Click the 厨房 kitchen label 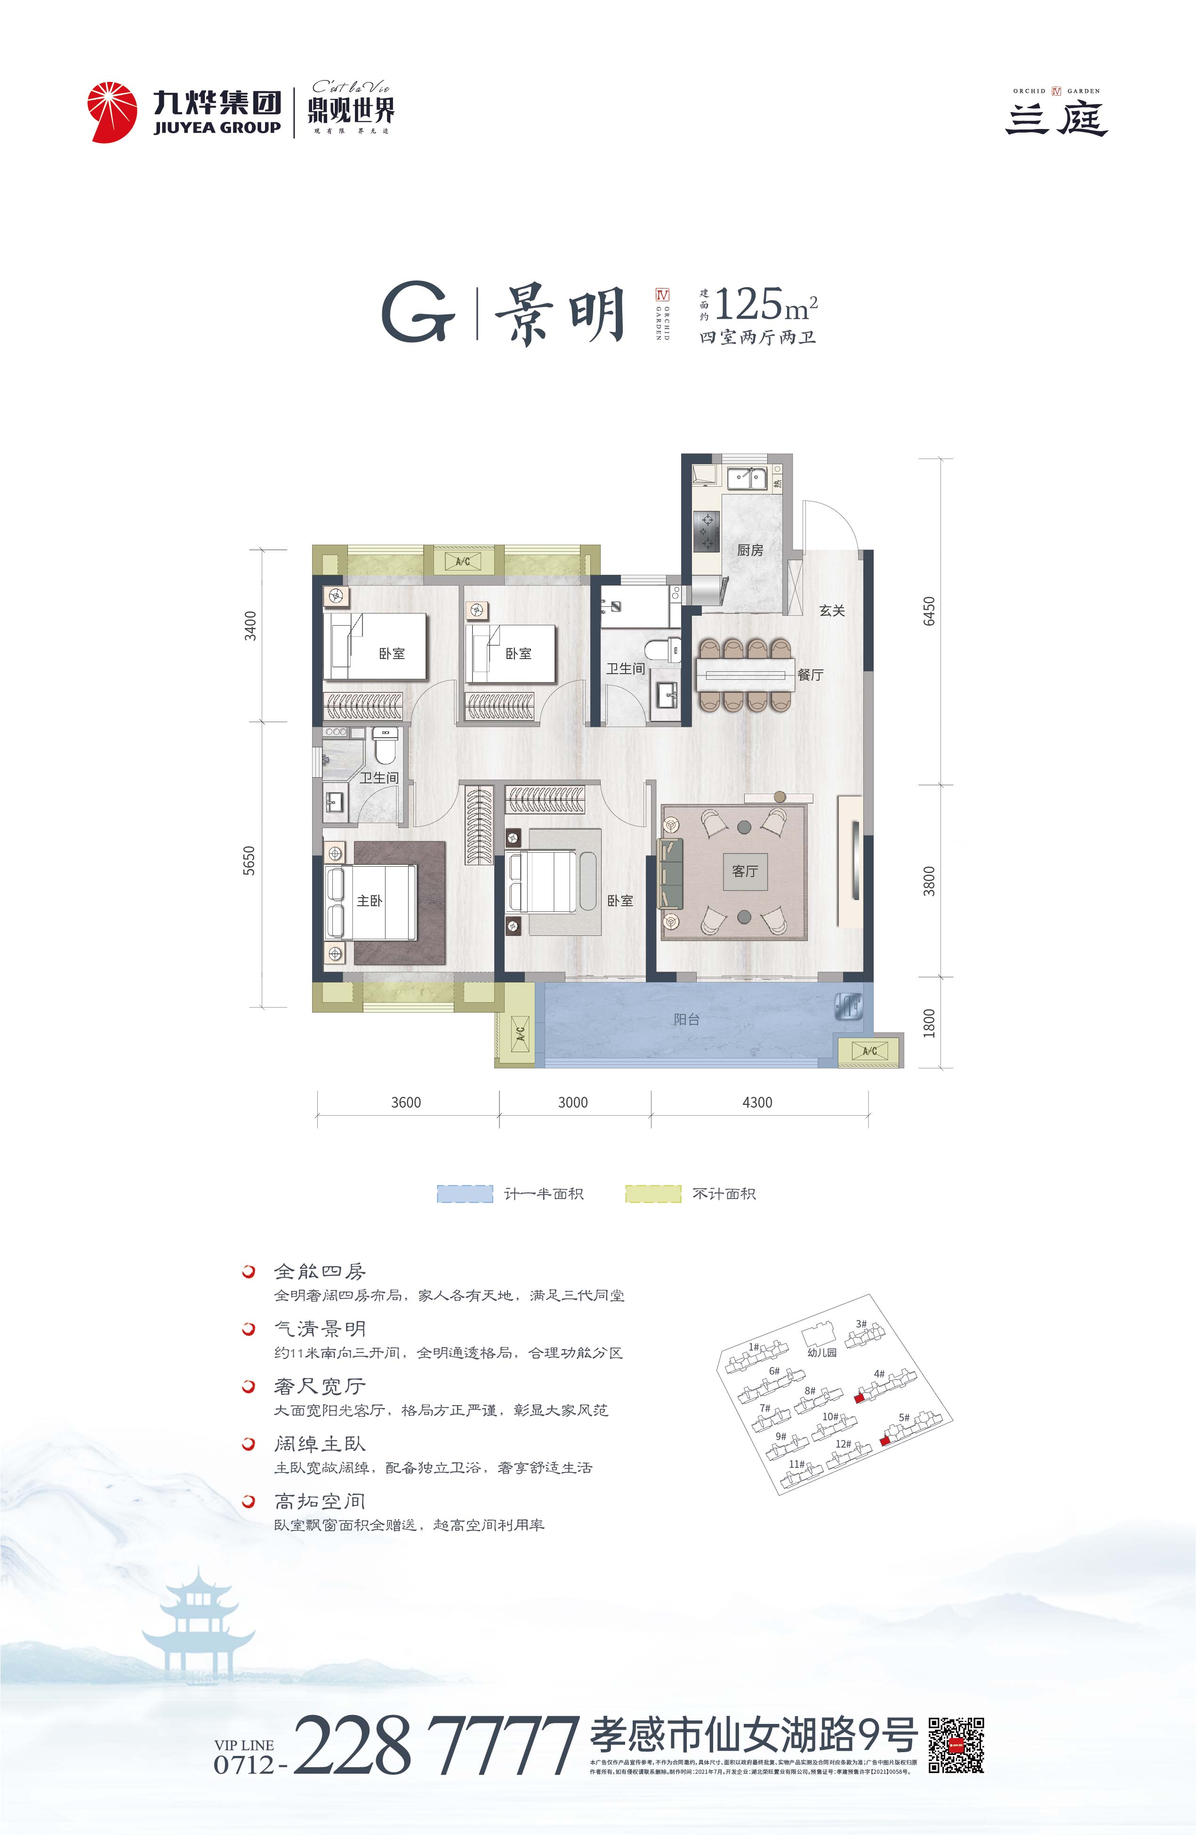[x=749, y=550]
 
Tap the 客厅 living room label [x=745, y=871]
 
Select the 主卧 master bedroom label [x=369, y=901]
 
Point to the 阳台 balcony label [x=686, y=1019]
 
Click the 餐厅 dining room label [x=810, y=675]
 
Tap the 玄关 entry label [x=832, y=611]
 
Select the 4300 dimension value [x=756, y=1103]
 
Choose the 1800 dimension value [x=929, y=1022]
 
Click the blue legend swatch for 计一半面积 [x=465, y=1193]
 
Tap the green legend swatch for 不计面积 [x=653, y=1193]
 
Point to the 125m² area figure [x=765, y=306]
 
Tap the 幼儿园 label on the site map [x=822, y=1352]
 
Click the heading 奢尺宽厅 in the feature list [x=319, y=1386]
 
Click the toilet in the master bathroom [x=384, y=745]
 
